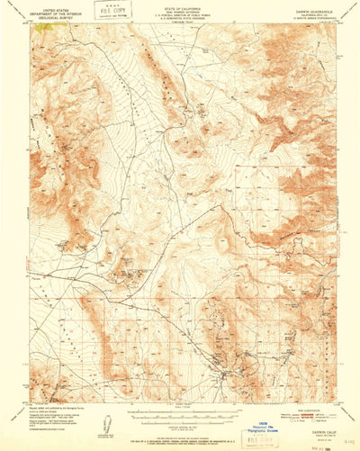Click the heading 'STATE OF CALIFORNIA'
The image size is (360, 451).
click(x=180, y=5)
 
